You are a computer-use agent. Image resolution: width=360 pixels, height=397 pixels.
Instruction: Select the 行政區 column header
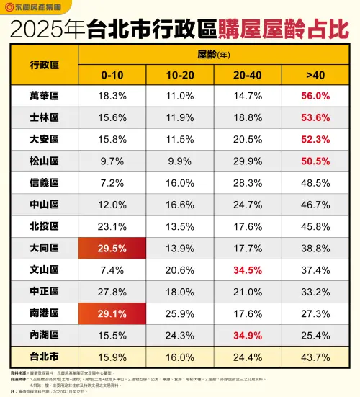45,64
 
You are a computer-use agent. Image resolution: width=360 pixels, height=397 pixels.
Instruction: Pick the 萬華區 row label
45,95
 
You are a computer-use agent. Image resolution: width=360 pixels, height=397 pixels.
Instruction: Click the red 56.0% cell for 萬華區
315,95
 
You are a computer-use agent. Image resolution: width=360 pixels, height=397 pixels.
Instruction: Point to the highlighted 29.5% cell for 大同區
114,248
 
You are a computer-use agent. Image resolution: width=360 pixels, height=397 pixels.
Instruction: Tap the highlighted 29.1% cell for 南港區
114,314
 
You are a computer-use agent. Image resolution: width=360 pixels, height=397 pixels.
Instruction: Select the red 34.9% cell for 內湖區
248,336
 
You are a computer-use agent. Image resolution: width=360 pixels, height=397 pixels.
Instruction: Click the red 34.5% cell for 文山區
248,270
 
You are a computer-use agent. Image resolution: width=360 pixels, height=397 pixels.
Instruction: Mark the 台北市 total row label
45,358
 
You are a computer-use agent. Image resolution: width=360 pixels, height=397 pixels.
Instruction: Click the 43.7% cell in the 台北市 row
315,358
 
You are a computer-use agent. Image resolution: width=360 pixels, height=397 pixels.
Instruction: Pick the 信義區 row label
45,183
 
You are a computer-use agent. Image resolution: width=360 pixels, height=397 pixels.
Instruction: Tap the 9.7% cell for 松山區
114,161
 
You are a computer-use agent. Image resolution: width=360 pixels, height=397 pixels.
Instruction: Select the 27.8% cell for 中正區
114,292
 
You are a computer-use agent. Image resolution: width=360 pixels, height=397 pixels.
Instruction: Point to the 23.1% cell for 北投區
114,226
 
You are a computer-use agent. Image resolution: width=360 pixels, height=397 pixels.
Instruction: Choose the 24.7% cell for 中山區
248,205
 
